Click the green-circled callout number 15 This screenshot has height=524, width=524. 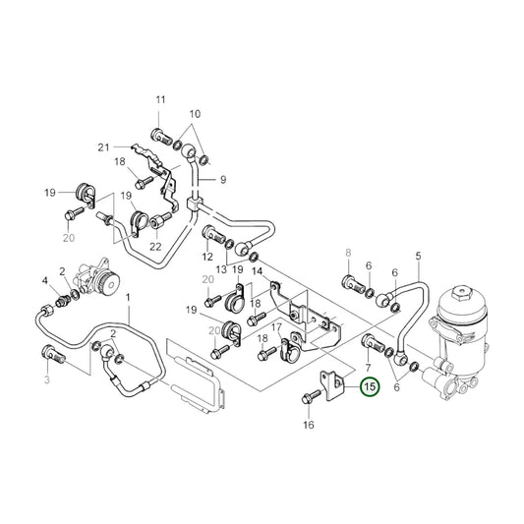point(370,387)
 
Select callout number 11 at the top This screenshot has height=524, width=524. point(160,100)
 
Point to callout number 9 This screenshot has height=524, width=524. point(222,179)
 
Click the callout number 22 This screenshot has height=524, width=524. point(154,246)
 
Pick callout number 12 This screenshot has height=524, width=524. point(207,257)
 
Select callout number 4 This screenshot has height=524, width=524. point(44,281)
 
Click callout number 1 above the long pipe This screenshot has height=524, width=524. point(128,297)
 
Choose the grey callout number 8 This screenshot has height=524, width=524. point(347,254)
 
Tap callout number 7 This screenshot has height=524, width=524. point(368,366)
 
